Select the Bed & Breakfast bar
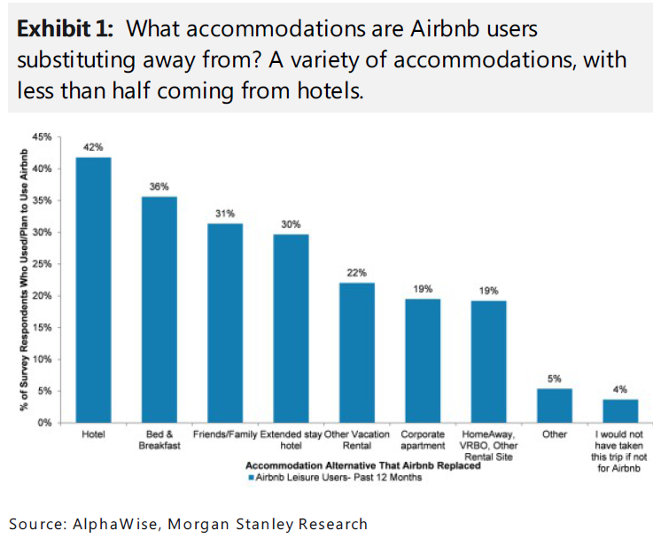[x=159, y=309]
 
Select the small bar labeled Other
[x=554, y=405]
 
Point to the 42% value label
[x=93, y=147]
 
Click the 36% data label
[x=159, y=186]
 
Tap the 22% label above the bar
[x=357, y=273]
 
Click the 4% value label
[x=619, y=388]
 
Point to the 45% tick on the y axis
[x=42, y=136]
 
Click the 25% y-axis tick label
[x=42, y=264]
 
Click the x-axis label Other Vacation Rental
[x=357, y=441]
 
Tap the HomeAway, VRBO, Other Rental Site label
[x=488, y=446]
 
